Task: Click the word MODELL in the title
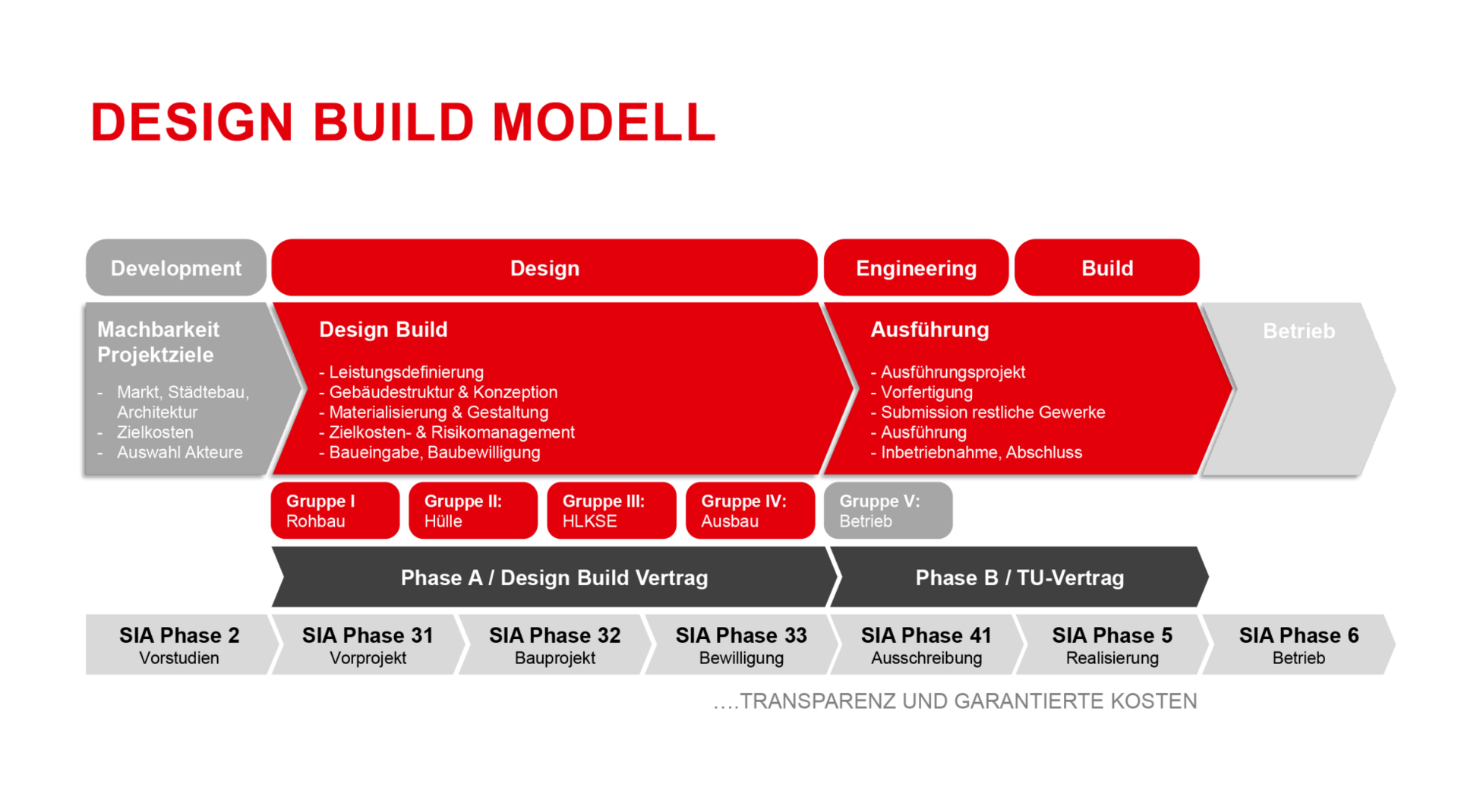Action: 604,122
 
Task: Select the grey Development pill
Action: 175,268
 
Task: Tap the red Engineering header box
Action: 916,268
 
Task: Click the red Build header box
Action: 1107,268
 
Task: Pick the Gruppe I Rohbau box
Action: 335,511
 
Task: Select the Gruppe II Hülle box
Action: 472,511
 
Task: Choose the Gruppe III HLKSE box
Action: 611,511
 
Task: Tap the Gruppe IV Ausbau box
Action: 750,511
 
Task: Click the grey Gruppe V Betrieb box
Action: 888,511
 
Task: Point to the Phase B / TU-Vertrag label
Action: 1019,578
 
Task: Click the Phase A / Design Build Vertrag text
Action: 554,578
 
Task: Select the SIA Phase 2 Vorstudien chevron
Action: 179,645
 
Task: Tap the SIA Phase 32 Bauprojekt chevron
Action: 554,645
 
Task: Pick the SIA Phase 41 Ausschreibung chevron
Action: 926,645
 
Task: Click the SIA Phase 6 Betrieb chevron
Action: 1298,645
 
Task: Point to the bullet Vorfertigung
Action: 926,393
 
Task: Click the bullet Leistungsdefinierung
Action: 406,372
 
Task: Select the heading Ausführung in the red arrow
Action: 929,330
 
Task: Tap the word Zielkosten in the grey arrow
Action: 155,432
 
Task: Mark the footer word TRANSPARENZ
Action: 818,701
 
